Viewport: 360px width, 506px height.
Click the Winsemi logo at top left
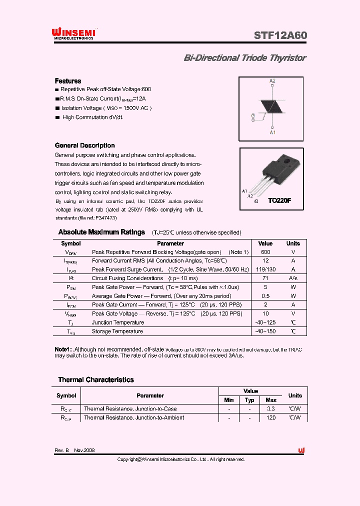73,34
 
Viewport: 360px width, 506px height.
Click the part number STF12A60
280,35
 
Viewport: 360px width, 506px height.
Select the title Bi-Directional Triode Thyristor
245,58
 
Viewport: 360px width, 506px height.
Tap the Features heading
68,81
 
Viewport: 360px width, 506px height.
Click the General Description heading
84,145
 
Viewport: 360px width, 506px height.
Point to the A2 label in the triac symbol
272,81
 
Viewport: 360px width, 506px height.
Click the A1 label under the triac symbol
272,132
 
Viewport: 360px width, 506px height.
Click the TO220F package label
279,200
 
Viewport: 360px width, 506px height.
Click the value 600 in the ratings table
265,252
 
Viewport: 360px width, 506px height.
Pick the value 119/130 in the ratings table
265,269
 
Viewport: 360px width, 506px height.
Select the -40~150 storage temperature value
265,331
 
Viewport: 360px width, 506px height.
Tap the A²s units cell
293,278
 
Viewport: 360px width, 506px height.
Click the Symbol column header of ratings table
71,243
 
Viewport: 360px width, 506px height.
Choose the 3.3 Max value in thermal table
271,408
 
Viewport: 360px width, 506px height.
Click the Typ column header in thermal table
250,400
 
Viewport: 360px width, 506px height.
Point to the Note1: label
63,349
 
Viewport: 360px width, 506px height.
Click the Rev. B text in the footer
61,450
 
